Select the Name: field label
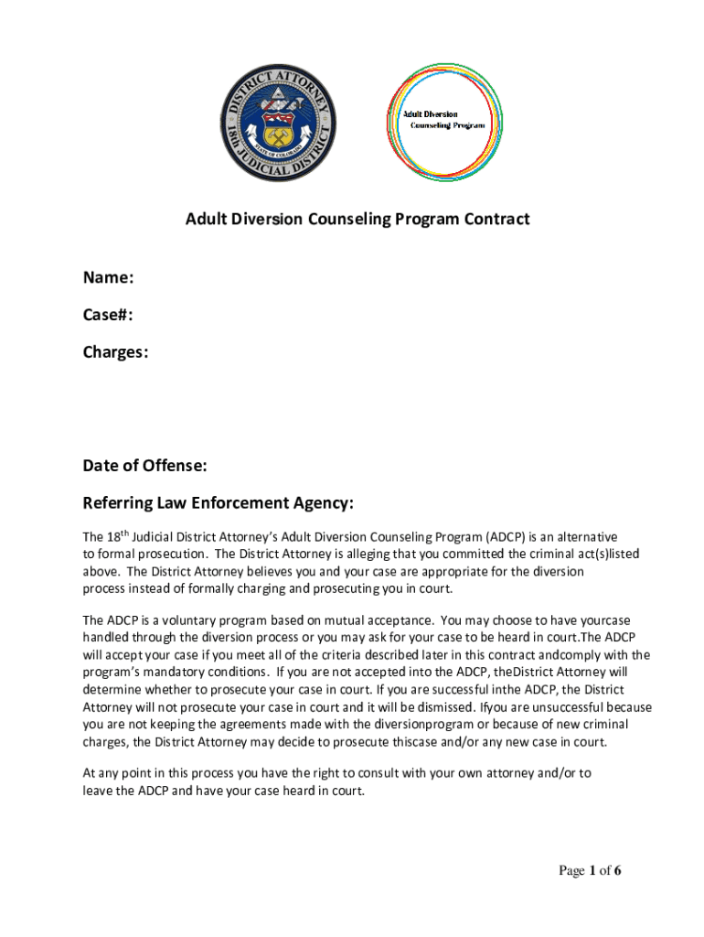(x=109, y=278)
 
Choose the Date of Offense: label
(x=144, y=467)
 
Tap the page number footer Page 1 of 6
(x=591, y=871)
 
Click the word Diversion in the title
(x=263, y=220)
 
